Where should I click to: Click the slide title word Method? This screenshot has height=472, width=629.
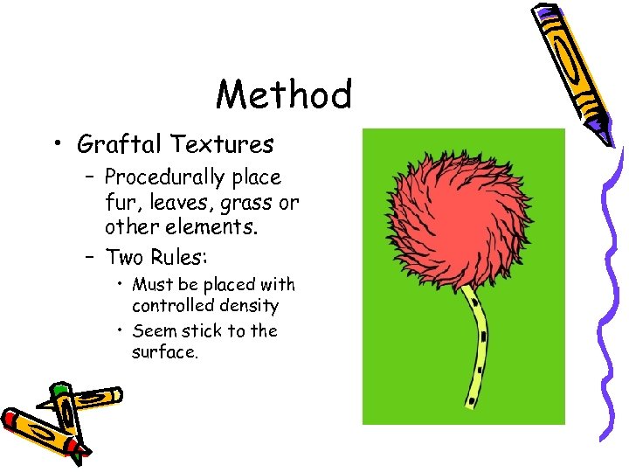click(x=284, y=95)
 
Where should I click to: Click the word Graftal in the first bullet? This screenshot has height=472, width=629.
click(x=121, y=143)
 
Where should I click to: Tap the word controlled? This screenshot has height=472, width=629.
click(x=169, y=306)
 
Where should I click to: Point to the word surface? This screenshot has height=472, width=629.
click(x=165, y=352)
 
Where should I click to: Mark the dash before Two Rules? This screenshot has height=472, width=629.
click(x=92, y=257)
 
